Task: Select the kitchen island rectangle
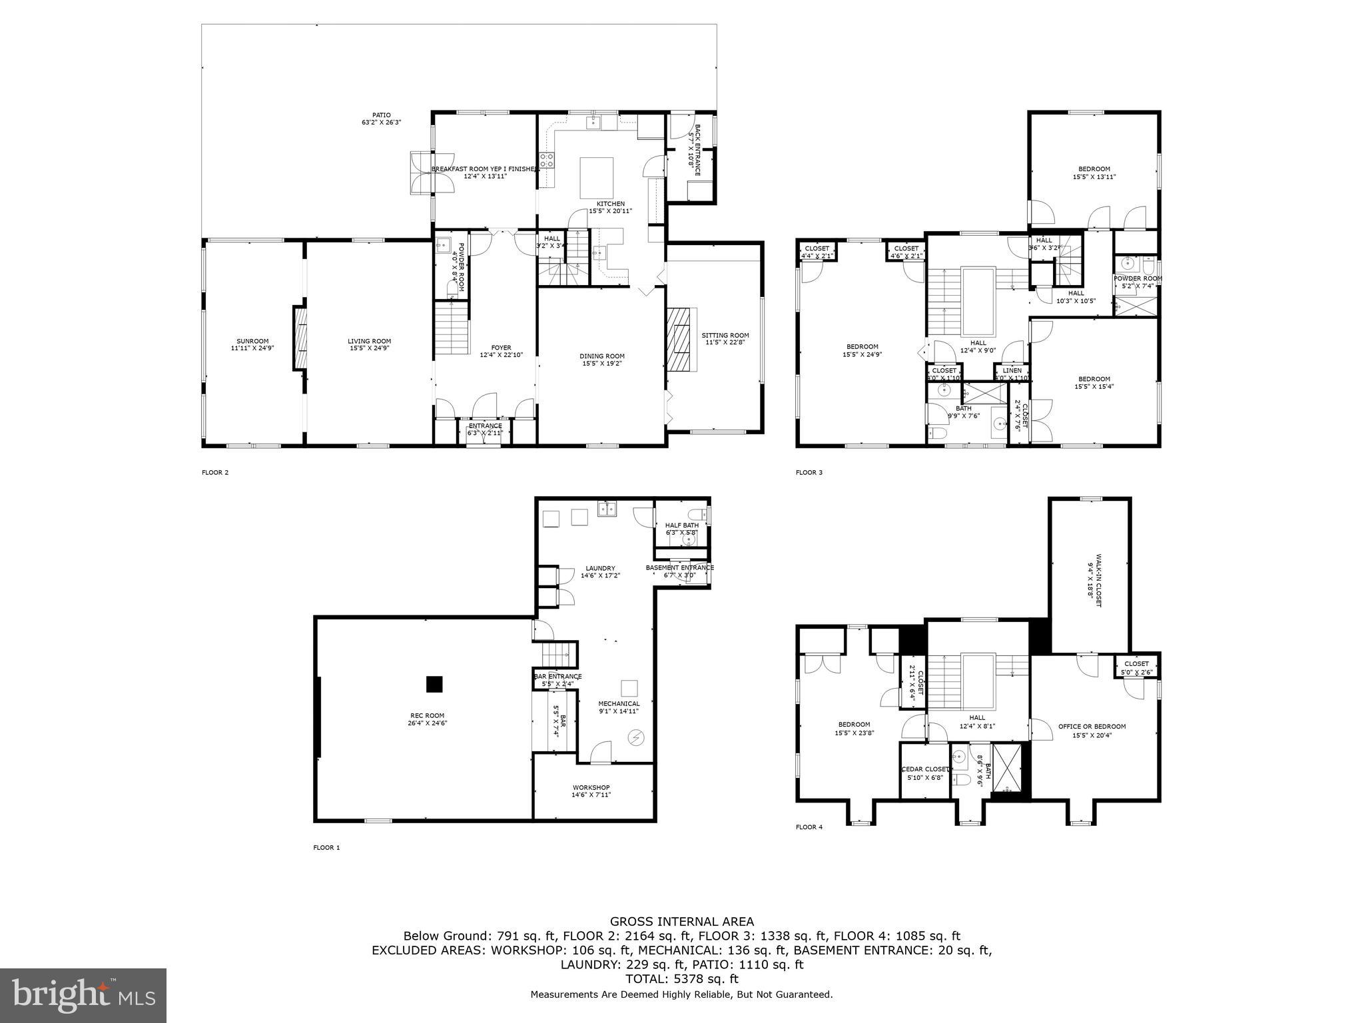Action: click(597, 178)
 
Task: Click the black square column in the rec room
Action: click(434, 684)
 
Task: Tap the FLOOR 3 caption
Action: click(809, 473)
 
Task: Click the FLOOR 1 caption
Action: click(326, 848)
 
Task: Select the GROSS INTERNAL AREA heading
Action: click(682, 922)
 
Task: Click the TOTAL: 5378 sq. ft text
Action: click(682, 979)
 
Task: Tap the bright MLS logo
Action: click(83, 996)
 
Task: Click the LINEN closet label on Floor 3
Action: click(1012, 371)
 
